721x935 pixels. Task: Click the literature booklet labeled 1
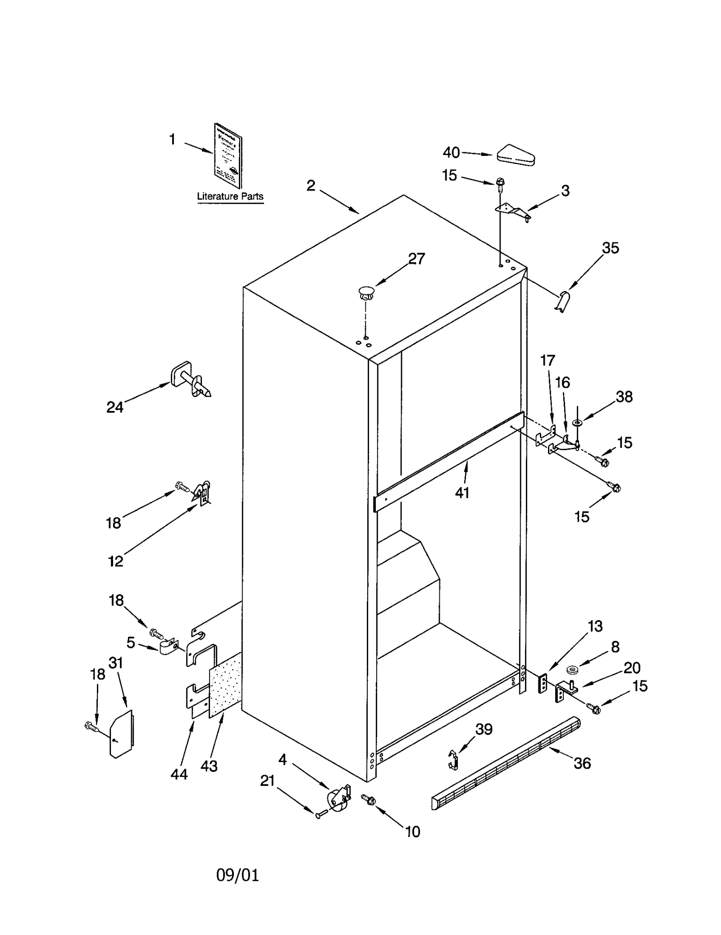tap(228, 155)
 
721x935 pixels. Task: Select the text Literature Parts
tap(230, 196)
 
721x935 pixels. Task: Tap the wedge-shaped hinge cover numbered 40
tap(516, 155)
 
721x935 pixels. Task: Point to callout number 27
tap(416, 259)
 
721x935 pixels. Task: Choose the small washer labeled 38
tap(577, 422)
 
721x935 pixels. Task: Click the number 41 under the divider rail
tap(462, 493)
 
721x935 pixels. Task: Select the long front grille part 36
tap(505, 763)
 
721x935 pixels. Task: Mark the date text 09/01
tap(237, 875)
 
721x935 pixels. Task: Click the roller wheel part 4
tap(338, 798)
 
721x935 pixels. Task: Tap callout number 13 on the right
tap(594, 626)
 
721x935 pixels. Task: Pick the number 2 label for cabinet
tap(311, 186)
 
